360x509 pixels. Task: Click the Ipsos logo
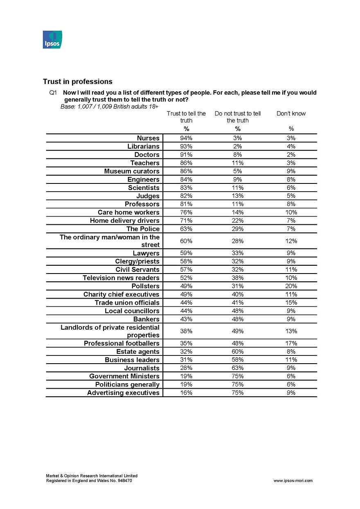[x=52, y=39]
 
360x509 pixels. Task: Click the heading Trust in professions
[x=77, y=81]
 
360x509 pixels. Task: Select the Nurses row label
[x=148, y=138]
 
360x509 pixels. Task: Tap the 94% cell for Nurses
[x=186, y=138]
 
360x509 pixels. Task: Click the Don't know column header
[x=291, y=113]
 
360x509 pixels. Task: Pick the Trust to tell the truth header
[x=186, y=117]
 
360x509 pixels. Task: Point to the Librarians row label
[x=143, y=147]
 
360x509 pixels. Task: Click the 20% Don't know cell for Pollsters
[x=291, y=286]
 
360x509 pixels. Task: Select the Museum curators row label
[x=132, y=171]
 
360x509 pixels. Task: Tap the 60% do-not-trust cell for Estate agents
[x=237, y=352]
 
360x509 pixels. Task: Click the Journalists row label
[x=142, y=368]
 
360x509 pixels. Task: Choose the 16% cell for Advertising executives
[x=186, y=393]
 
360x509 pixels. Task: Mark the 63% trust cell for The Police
[x=186, y=229]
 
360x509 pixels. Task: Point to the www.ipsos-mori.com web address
[x=293, y=481]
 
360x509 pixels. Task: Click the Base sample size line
[x=109, y=106]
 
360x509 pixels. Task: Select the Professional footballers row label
[x=122, y=344]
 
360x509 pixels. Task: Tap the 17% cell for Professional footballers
[x=291, y=344]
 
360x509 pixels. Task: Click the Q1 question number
[x=53, y=93]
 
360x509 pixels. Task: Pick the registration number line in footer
[x=89, y=481]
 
